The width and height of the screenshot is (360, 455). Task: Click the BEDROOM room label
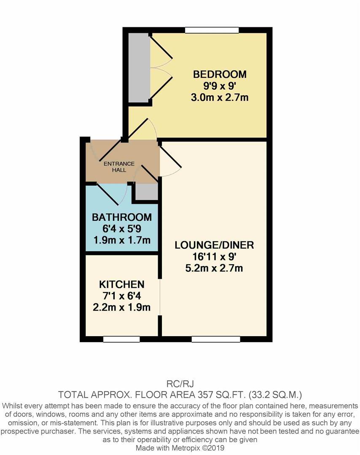click(x=220, y=75)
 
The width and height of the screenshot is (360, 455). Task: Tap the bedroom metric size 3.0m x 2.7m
click(x=220, y=98)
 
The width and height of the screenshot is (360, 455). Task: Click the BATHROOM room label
click(x=122, y=217)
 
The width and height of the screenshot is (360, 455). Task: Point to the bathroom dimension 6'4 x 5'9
click(x=122, y=229)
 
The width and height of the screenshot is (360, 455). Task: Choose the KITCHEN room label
click(x=122, y=284)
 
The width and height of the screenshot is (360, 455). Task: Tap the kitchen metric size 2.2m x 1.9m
click(x=122, y=307)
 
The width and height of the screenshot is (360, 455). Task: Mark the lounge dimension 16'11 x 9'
click(x=214, y=257)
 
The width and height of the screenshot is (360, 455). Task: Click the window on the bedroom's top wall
click(x=212, y=30)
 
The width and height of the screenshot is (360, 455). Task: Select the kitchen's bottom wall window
click(x=121, y=339)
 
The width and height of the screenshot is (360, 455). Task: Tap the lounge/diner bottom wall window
click(x=216, y=339)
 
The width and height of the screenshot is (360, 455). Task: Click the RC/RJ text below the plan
click(x=180, y=384)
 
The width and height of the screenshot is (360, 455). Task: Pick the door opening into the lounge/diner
click(x=171, y=162)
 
